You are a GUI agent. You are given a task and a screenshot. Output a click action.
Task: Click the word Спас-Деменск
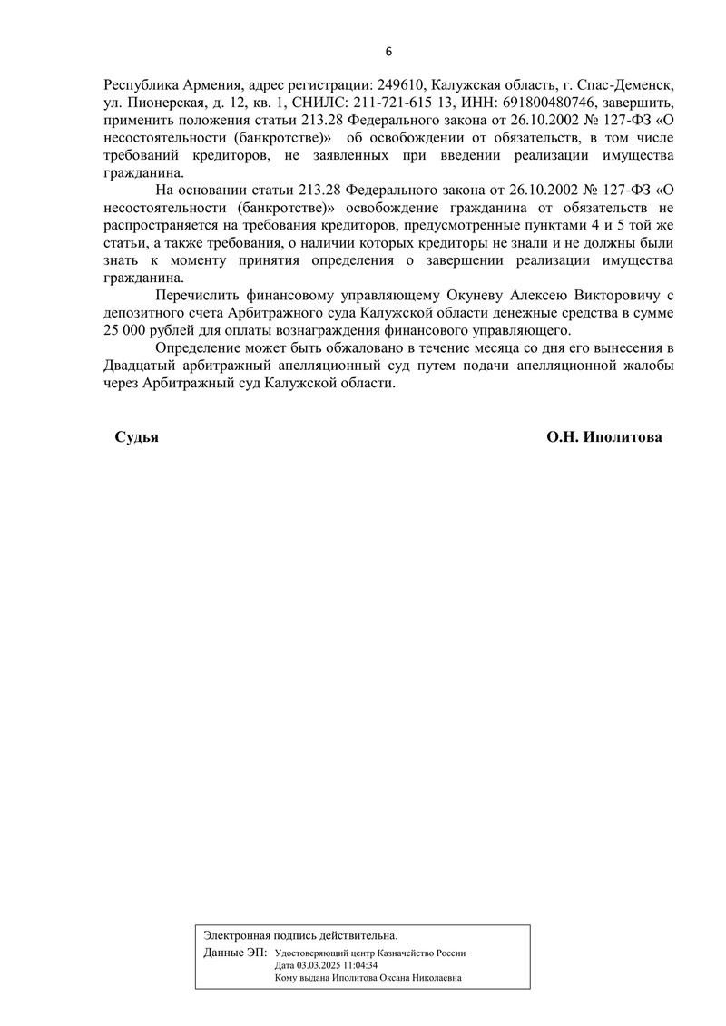629,84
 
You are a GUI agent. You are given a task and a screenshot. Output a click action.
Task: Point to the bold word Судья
136,437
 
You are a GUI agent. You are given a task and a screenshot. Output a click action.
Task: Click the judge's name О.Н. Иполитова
603,437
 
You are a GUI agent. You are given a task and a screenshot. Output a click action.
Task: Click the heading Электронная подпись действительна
300,934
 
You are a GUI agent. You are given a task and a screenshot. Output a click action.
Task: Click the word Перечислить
200,296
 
